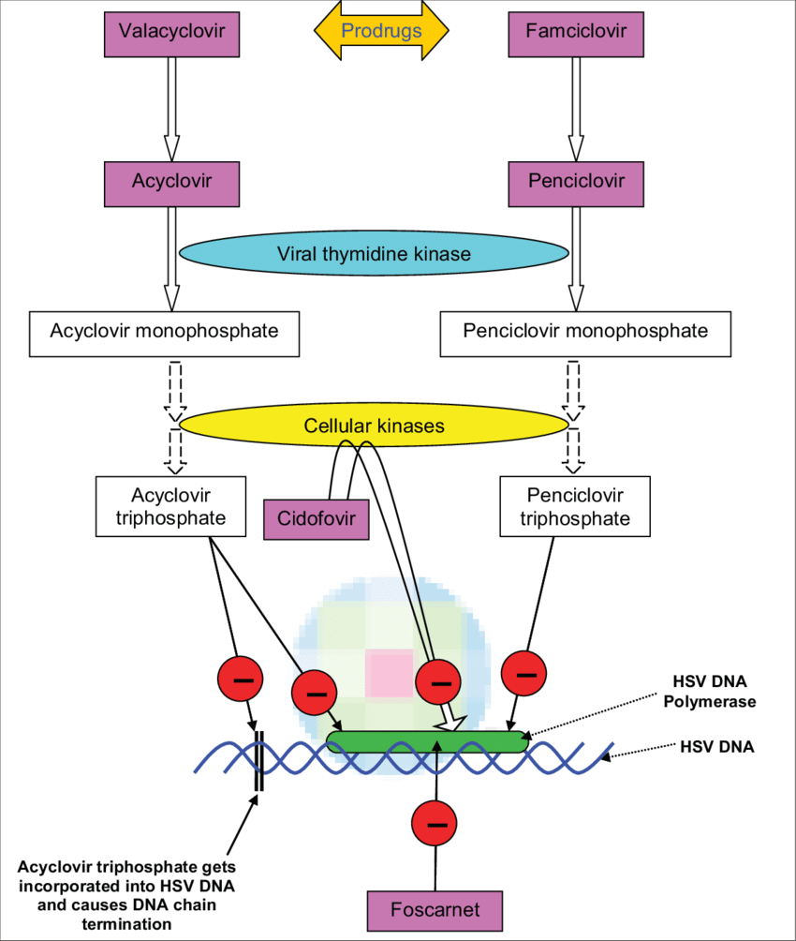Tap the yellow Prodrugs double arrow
(x=381, y=30)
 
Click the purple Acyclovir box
(x=170, y=182)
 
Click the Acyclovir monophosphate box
(x=164, y=332)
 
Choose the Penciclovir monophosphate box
(x=585, y=332)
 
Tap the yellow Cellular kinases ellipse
(x=373, y=426)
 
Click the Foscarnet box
(x=435, y=910)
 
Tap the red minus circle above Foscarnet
(x=435, y=824)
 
